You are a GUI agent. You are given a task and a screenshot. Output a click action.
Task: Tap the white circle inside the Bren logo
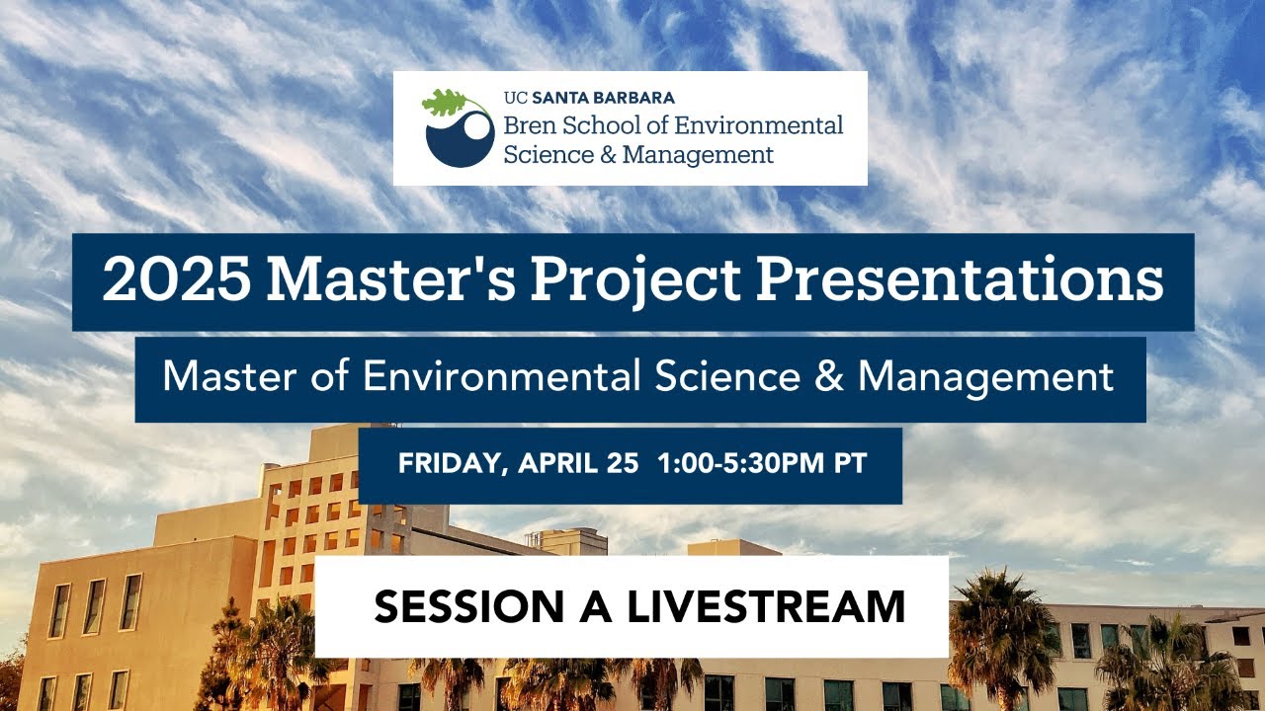point(477,126)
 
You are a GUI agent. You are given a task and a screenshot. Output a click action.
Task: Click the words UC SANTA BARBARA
point(589,98)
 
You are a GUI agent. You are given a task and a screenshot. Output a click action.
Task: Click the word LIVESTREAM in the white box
point(767,606)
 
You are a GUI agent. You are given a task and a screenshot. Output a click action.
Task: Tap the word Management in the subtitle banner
point(985,376)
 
